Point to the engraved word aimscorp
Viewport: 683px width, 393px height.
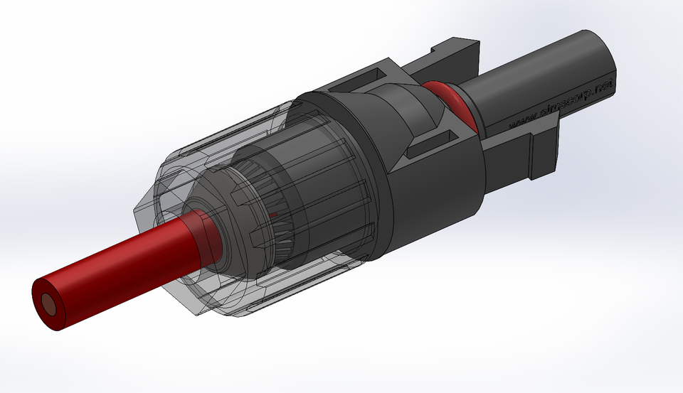(561, 105)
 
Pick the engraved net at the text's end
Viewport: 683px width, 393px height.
(603, 87)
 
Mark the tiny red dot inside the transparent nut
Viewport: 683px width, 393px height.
(272, 213)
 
